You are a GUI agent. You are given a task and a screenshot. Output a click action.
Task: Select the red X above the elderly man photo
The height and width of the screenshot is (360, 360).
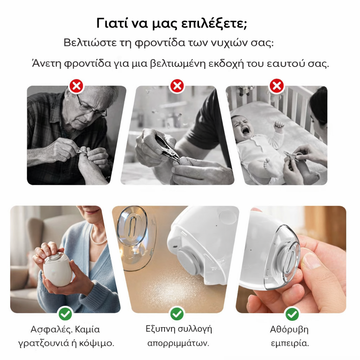coord(76,86)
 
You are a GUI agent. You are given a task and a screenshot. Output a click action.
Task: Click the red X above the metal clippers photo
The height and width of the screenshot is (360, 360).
coord(177,86)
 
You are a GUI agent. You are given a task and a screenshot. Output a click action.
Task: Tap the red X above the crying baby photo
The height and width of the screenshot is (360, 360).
coord(277,86)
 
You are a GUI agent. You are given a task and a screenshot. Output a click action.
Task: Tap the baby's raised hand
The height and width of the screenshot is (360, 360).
coord(279,126)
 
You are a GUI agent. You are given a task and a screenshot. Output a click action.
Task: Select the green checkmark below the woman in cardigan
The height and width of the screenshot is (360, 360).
coord(65,313)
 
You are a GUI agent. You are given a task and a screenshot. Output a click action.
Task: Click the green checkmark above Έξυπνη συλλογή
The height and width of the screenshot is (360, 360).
coord(177,313)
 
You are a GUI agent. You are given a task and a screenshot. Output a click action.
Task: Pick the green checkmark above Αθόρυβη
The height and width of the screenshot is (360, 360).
coord(292,313)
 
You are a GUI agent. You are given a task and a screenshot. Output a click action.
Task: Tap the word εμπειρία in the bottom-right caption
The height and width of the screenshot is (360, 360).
coord(290,343)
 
